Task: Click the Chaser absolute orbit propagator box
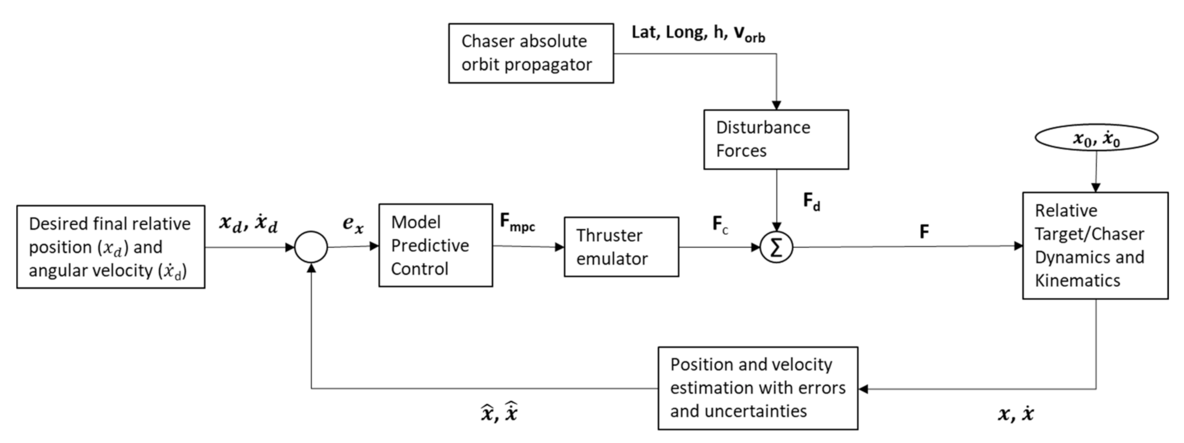coord(531,53)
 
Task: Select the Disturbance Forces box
coord(776,139)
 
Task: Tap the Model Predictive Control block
coord(435,246)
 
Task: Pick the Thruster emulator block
coord(621,247)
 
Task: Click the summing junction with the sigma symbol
coord(776,248)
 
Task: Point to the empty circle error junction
coord(311,248)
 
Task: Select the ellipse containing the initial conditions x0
coord(1096,137)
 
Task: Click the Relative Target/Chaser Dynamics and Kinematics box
coord(1095,246)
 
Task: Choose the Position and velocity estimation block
coord(758,388)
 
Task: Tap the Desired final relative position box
coord(111,247)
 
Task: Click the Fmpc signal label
coord(517,222)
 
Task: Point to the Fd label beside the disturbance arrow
coord(811,201)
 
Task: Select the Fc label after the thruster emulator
coord(720,225)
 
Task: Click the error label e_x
coord(353,224)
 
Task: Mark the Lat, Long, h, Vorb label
coord(698,33)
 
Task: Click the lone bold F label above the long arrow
coord(924,232)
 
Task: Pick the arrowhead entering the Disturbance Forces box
coord(776,105)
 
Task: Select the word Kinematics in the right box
coord(1078,281)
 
